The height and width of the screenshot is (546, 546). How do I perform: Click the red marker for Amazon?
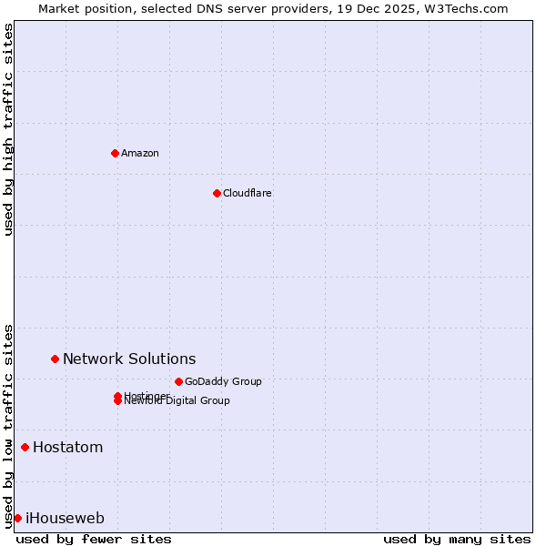pyautogui.click(x=115, y=153)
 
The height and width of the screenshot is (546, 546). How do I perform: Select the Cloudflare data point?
pyautogui.click(x=217, y=193)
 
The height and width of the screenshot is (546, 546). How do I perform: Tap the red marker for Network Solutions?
pyautogui.click(x=55, y=359)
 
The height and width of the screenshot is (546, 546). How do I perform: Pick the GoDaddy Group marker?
pyautogui.click(x=178, y=381)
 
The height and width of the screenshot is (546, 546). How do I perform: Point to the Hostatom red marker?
pyautogui.click(x=25, y=447)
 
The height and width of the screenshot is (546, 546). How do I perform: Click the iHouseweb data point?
pyautogui.click(x=17, y=518)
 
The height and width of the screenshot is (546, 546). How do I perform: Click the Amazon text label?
pyautogui.click(x=140, y=153)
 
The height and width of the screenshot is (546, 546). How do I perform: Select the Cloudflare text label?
pyautogui.click(x=248, y=193)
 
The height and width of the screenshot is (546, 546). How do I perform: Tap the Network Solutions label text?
pyautogui.click(x=129, y=359)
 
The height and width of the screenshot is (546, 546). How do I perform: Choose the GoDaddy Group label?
pyautogui.click(x=223, y=381)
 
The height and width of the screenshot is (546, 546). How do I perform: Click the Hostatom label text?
pyautogui.click(x=67, y=447)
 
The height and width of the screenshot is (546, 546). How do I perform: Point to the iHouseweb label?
pyautogui.click(x=65, y=519)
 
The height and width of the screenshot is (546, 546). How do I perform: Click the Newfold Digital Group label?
pyautogui.click(x=177, y=401)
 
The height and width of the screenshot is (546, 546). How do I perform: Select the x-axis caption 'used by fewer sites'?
pyautogui.click(x=94, y=539)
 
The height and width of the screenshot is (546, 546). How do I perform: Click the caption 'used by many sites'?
pyautogui.click(x=457, y=539)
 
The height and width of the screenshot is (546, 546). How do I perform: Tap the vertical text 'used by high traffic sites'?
pyautogui.click(x=8, y=129)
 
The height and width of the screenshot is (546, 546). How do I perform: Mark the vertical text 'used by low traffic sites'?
pyautogui.click(x=8, y=425)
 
